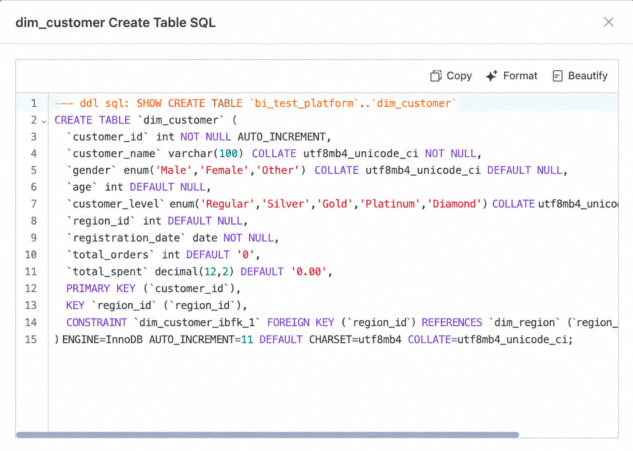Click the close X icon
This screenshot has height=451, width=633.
[608, 22]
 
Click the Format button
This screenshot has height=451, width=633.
[512, 76]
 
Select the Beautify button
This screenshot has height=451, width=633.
[580, 76]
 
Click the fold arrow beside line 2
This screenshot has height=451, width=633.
[43, 122]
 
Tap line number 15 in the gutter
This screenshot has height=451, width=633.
[31, 339]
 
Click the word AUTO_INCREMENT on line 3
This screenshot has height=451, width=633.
[282, 137]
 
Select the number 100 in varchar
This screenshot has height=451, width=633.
[228, 153]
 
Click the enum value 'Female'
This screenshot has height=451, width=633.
[224, 170]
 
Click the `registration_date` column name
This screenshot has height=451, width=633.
[126, 238]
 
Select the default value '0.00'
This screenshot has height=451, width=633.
[308, 272]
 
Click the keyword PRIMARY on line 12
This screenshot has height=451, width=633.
[88, 288]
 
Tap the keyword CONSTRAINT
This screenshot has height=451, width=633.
[97, 322]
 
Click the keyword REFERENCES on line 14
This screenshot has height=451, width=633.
[452, 322]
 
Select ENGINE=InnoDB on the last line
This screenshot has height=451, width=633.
[102, 339]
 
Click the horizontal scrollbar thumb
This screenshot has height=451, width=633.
[268, 435]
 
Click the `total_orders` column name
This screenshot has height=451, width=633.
[110, 255]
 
